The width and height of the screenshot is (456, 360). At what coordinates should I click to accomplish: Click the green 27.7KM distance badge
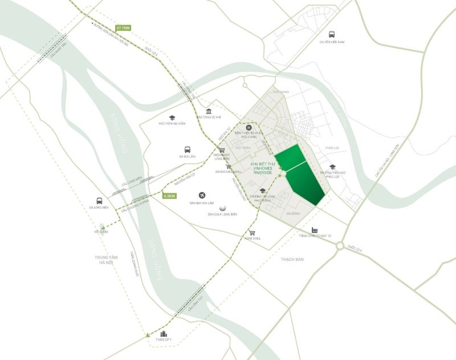(123, 27)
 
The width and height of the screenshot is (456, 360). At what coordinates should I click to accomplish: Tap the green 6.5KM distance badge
(170, 196)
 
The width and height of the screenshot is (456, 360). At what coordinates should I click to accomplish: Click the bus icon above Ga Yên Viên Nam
(332, 33)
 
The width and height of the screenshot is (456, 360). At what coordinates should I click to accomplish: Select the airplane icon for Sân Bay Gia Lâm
(202, 195)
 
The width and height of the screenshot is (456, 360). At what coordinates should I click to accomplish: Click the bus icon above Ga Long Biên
(99, 200)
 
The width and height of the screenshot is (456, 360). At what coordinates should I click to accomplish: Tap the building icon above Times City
(164, 334)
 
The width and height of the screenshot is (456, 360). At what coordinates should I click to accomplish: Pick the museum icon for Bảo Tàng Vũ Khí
(209, 111)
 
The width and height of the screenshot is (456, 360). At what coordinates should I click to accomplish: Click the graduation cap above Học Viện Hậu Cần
(171, 118)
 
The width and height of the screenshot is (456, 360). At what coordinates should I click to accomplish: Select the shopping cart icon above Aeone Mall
(251, 232)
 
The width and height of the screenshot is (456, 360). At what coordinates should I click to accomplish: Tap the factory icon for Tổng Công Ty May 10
(314, 230)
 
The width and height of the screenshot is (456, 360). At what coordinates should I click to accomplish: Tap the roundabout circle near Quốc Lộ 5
(340, 246)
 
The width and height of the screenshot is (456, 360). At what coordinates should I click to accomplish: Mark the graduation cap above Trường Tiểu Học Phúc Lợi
(332, 167)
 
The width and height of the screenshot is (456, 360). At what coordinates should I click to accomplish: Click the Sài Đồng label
(295, 214)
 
